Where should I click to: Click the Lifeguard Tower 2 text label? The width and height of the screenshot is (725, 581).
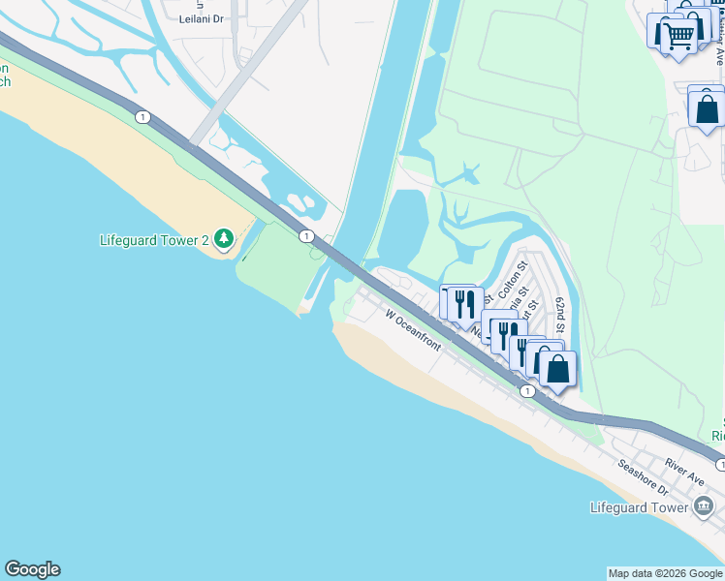click(155, 240)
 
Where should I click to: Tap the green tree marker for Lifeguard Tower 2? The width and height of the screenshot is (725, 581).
click(224, 238)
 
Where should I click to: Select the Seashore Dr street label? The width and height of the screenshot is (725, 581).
click(645, 477)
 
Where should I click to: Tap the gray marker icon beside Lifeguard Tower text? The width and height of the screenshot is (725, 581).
click(704, 506)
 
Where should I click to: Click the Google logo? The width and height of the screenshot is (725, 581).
click(32, 569)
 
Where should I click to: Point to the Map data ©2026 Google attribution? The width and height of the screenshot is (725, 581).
click(665, 573)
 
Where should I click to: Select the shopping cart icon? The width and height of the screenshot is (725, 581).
click(678, 36)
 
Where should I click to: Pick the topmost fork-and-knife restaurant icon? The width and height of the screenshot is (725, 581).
click(463, 302)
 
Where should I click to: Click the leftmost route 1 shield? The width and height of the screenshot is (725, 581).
click(143, 117)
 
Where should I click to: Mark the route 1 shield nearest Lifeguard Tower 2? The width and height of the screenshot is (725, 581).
click(305, 235)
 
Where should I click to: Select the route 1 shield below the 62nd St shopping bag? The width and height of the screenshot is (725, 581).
click(526, 391)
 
